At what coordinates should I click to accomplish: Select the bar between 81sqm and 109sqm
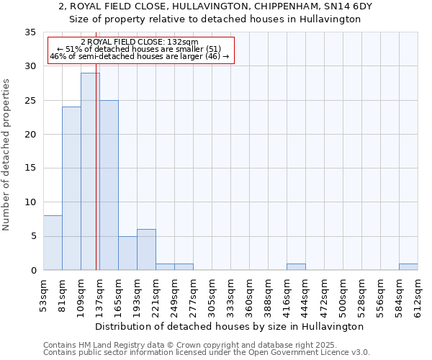tap(71, 189)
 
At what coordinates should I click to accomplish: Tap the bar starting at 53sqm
tap(53, 243)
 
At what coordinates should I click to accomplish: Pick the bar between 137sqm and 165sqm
tap(109, 185)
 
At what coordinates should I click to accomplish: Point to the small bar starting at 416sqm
tap(296, 267)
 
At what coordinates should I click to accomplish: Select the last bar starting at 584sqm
tap(408, 267)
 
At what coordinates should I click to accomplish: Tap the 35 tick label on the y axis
tap(30, 32)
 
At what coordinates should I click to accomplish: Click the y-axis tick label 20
tap(30, 135)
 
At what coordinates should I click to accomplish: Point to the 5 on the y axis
tap(33, 236)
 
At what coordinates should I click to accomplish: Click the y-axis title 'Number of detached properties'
tap(7, 155)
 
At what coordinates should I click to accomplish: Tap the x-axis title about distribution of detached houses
tap(230, 326)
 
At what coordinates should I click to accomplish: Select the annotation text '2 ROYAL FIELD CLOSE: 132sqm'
tap(140, 42)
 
